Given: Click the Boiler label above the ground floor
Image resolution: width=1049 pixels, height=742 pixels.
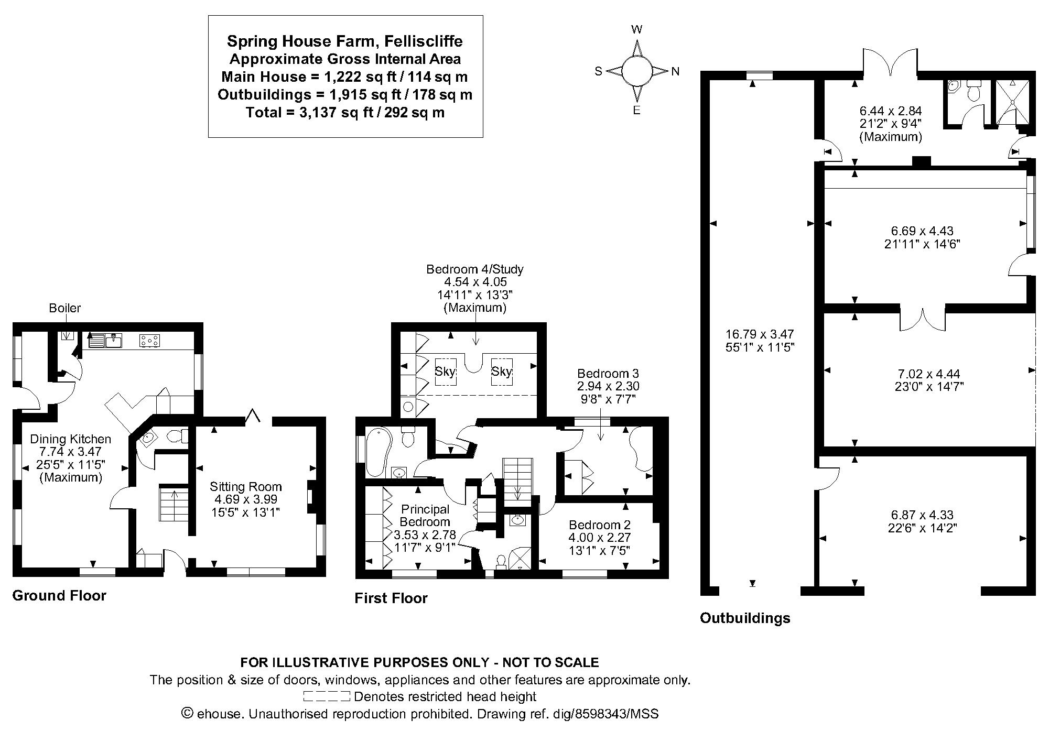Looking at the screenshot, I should pyautogui.click(x=65, y=308).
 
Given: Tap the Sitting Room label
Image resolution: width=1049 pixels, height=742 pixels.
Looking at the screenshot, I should pyautogui.click(x=246, y=487).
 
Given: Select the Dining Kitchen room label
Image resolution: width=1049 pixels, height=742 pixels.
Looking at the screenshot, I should pyautogui.click(x=71, y=439).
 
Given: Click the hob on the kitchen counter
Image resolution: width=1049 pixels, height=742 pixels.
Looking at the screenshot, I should pyautogui.click(x=149, y=341).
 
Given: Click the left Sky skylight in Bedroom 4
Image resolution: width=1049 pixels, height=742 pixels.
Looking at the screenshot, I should pyautogui.click(x=446, y=372).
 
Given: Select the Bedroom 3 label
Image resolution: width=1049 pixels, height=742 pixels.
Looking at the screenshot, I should pyautogui.click(x=608, y=374).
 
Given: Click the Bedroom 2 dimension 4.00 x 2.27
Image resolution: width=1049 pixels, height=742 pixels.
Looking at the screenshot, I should pyautogui.click(x=600, y=538).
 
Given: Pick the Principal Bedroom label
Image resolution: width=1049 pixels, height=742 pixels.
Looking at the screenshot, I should pyautogui.click(x=425, y=515).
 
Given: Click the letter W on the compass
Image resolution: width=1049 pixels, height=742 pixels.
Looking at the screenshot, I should pyautogui.click(x=637, y=30).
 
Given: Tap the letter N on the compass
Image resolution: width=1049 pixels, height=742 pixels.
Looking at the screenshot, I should pyautogui.click(x=675, y=72).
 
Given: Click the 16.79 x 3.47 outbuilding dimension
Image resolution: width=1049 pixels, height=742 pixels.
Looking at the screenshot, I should pyautogui.click(x=759, y=334).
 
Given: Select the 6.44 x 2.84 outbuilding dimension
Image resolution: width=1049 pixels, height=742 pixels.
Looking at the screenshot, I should pyautogui.click(x=890, y=111).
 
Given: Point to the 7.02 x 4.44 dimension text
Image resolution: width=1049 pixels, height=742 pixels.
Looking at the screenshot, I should pyautogui.click(x=928, y=374).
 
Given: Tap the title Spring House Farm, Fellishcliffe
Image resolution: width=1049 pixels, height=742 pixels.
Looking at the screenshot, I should pyautogui.click(x=344, y=41).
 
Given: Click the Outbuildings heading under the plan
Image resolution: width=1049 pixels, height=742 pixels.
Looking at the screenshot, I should pyautogui.click(x=744, y=618).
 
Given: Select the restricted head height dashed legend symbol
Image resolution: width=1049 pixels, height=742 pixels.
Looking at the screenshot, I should pyautogui.click(x=326, y=696).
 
